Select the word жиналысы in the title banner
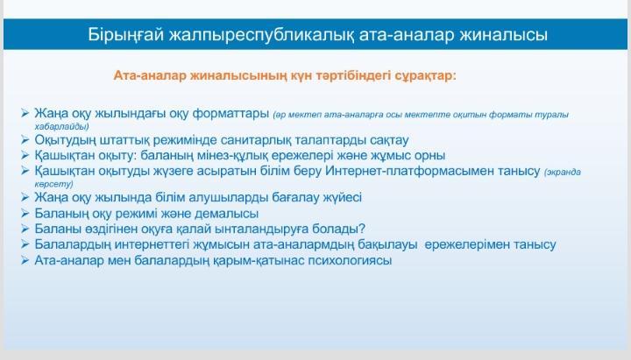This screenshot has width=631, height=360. [503, 34]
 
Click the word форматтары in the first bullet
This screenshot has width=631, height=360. [230, 114]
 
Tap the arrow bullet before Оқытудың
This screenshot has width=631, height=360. [25, 139]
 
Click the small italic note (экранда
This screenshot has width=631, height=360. [562, 173]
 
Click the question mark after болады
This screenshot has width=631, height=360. [362, 229]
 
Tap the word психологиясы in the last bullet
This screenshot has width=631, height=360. [350, 260]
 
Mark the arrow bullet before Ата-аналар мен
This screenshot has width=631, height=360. [25, 260]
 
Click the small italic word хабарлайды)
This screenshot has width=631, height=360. [61, 126]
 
